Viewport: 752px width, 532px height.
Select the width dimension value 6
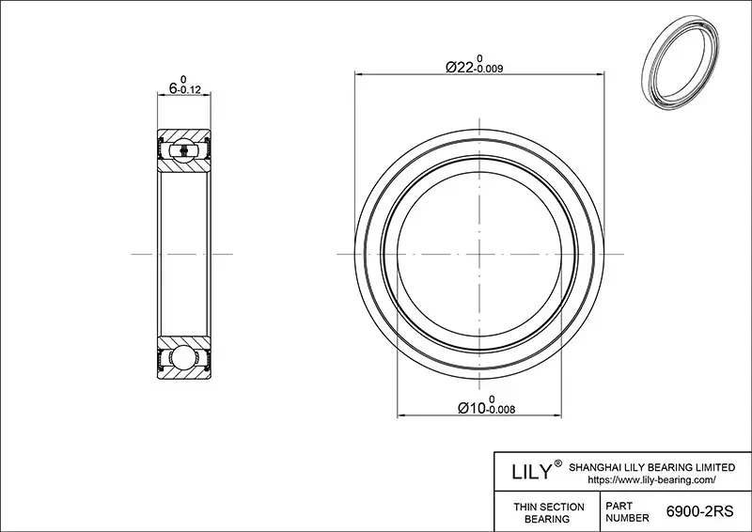[172, 87]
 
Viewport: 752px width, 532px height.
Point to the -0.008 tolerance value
[499, 410]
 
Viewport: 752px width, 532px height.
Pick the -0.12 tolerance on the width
[195, 90]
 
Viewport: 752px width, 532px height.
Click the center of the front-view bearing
[479, 255]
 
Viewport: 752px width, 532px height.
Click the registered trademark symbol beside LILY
[558, 463]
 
